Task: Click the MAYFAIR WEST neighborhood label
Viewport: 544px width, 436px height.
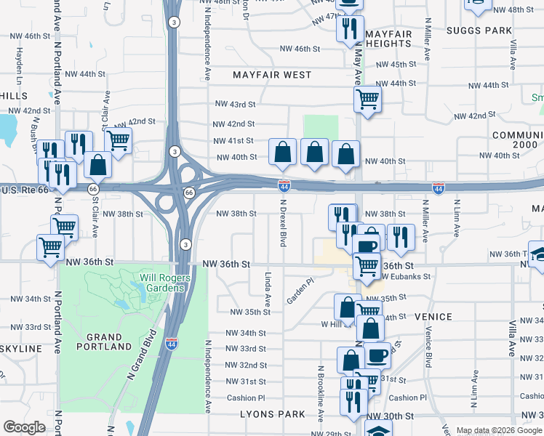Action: pyautogui.click(x=272, y=75)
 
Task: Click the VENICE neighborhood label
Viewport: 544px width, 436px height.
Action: pyautogui.click(x=433, y=317)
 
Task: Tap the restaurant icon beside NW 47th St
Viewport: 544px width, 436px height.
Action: pyautogui.click(x=351, y=28)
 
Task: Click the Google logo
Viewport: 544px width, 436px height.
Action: pyautogui.click(x=24, y=427)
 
